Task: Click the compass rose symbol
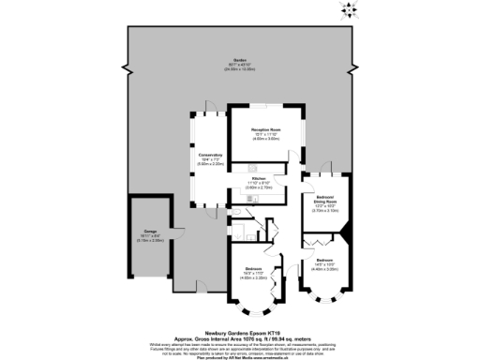350,11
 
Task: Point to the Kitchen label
260,178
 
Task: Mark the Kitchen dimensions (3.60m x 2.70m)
260,187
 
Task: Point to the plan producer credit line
239,353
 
